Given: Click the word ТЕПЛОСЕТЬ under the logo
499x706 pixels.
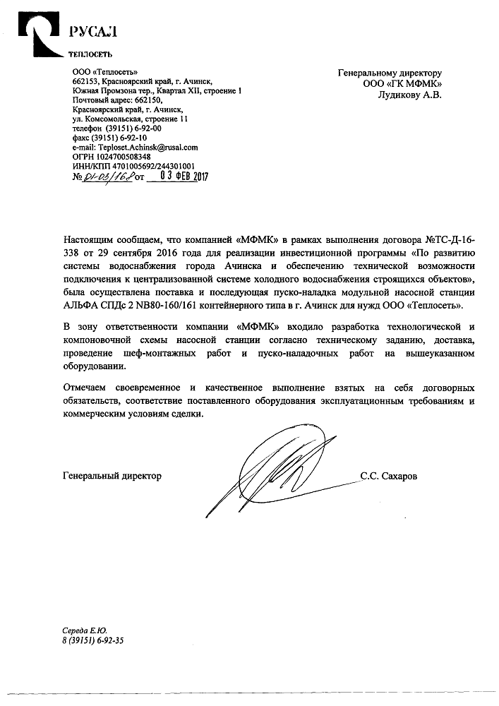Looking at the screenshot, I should click(90, 54).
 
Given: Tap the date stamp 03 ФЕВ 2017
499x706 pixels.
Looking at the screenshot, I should click(180, 176).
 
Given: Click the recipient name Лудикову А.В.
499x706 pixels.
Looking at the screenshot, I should click(409, 95).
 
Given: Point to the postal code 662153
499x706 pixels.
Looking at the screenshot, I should click(86, 81).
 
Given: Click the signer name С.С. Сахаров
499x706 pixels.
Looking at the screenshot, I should click(388, 476).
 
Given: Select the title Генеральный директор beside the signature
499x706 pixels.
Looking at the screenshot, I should click(112, 476).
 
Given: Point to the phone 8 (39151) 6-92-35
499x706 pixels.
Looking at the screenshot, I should click(93, 640).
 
